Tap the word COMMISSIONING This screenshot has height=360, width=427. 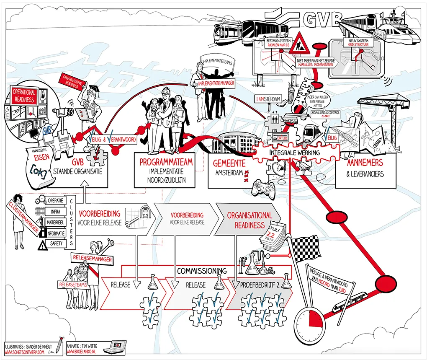click(202, 271)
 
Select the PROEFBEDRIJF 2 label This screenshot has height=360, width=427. click(260, 285)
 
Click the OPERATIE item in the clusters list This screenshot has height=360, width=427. click(56, 200)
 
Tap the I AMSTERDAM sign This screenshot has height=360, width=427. click(268, 99)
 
